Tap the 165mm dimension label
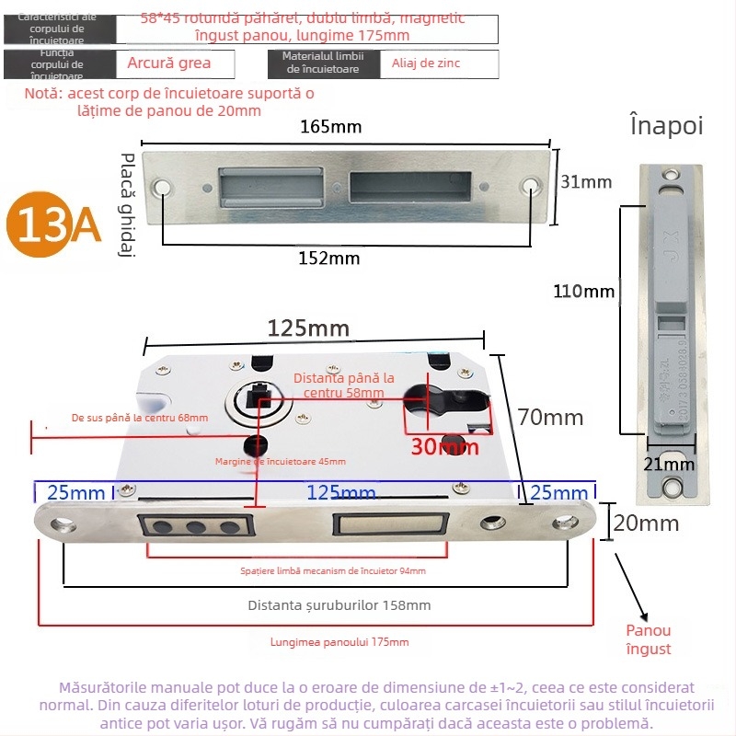point(330,127)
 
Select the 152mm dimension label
point(330,259)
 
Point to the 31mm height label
point(586,182)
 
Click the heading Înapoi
point(666,125)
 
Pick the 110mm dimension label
point(583,292)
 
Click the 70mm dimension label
point(550,417)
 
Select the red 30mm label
point(444,447)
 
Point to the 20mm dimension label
point(646,523)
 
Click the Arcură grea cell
point(169,63)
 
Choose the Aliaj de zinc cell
point(426,63)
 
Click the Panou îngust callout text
point(649,639)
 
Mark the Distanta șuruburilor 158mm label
point(339,604)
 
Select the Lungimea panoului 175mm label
point(340,642)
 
